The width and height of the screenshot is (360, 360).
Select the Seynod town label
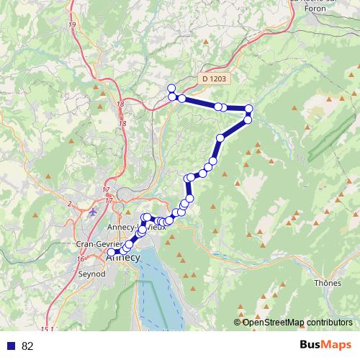pyautogui.click(x=91, y=274)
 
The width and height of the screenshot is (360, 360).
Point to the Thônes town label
pyautogui.click(x=328, y=283)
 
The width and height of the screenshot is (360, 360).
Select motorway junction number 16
pyautogui.click(x=81, y=258)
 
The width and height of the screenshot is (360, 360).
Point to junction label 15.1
pyautogui.click(x=46, y=329)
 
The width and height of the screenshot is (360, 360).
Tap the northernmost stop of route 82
pyautogui.click(x=171, y=88)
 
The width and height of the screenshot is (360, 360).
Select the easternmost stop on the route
pyautogui.click(x=249, y=109)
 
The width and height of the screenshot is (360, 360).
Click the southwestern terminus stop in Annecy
pyautogui.click(x=120, y=252)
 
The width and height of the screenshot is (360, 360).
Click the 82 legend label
pyautogui.click(x=27, y=346)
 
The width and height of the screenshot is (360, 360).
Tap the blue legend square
pyautogui.click(x=11, y=346)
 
